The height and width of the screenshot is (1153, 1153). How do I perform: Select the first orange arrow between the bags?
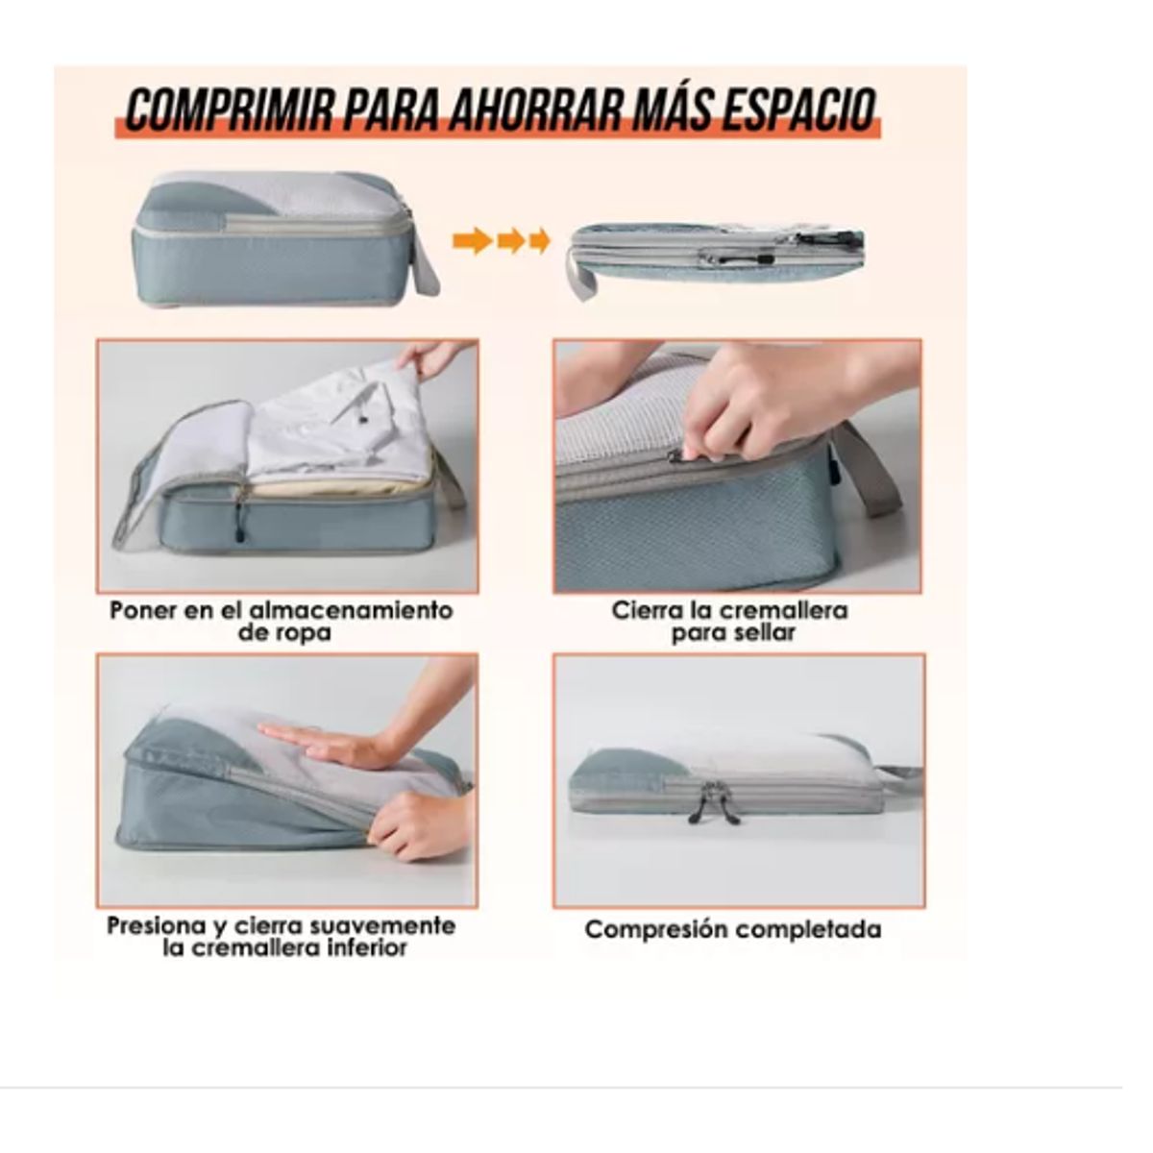(472, 240)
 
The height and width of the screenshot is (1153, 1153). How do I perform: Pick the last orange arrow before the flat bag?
(540, 240)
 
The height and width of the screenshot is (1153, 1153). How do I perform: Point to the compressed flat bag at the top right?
(721, 255)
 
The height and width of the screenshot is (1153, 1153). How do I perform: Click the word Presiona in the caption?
(155, 926)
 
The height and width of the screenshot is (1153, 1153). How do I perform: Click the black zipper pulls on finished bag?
(714, 805)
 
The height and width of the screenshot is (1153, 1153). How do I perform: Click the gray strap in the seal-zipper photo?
(870, 480)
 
